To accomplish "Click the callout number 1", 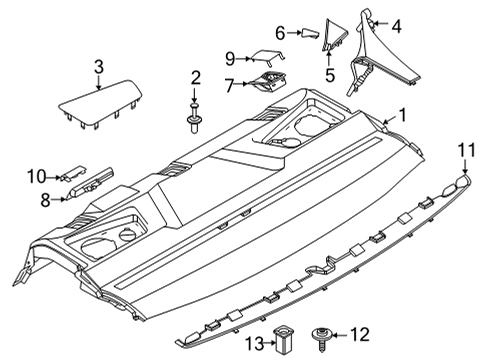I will (x=403, y=115).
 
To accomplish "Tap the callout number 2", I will (x=196, y=77).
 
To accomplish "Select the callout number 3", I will (x=98, y=67).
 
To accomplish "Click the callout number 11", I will (x=463, y=150).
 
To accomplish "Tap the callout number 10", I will (x=35, y=177).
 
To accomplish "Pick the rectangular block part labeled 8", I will (x=95, y=187).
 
